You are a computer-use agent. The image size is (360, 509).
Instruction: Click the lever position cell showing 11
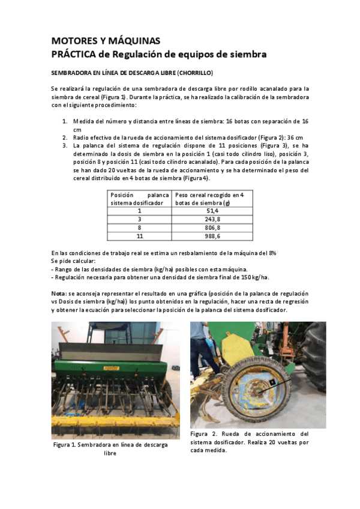[139, 236]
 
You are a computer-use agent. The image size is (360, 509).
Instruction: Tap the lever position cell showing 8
[139, 228]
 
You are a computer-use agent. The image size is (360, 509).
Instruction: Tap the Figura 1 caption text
[110, 449]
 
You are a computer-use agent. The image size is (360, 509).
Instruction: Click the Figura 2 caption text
[249, 442]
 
